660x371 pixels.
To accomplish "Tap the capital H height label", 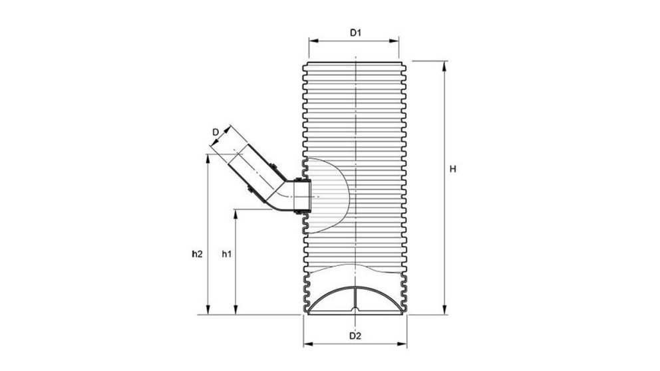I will [x=452, y=170].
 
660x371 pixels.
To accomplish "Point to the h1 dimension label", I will [x=226, y=253].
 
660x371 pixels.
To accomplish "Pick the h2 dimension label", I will [x=196, y=253].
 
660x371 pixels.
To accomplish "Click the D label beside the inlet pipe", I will [x=216, y=132].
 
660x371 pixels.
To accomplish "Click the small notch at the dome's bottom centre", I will [x=355, y=309].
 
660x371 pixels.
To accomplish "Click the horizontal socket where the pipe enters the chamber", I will [x=300, y=196].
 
